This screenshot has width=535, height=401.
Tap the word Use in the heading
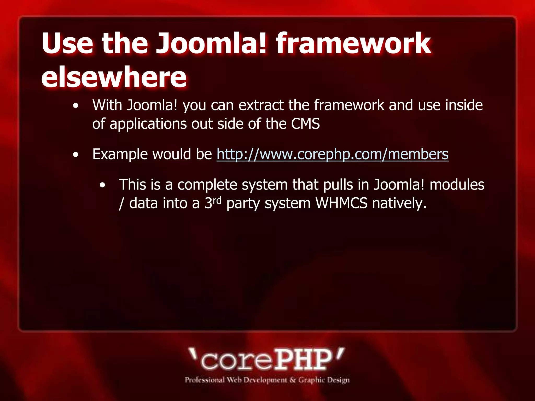tap(67, 43)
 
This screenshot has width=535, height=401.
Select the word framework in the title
tap(353, 43)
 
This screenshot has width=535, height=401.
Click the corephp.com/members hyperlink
tap(332, 154)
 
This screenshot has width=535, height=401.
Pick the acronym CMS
tap(305, 124)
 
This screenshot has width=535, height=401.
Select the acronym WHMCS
tap(341, 203)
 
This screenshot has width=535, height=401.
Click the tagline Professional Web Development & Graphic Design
tap(267, 380)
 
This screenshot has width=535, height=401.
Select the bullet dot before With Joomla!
tap(76, 106)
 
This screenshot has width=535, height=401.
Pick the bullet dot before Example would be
tap(76, 155)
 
